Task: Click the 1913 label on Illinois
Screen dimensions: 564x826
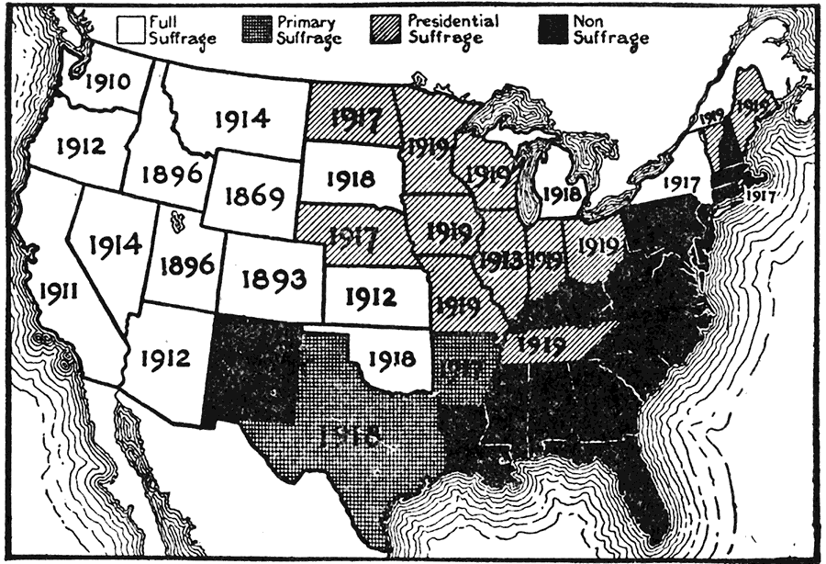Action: [x=500, y=260]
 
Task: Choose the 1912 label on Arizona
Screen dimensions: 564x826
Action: [x=166, y=357]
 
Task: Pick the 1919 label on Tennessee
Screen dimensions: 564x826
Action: [x=541, y=345]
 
